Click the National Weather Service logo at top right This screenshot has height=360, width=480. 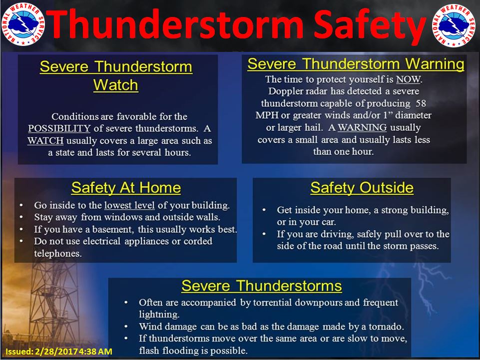tap(454, 25)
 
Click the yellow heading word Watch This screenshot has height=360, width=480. tap(115, 85)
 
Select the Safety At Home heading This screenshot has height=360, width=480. tap(126, 188)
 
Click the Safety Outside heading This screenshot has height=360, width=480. tap(362, 188)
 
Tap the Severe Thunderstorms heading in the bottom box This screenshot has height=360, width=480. tap(261, 286)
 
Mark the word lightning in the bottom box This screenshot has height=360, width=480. tap(157, 315)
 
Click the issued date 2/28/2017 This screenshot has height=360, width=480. tap(64, 352)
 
